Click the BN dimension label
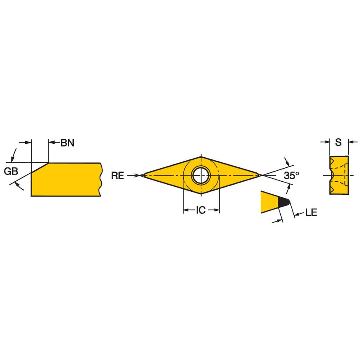pyautogui.click(x=67, y=143)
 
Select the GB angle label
pyautogui.click(x=11, y=171)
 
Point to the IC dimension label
pyautogui.click(x=201, y=210)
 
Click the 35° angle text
pyautogui.click(x=291, y=176)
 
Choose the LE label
pyautogui.click(x=311, y=213)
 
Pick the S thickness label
pyautogui.click(x=338, y=142)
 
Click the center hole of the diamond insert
pyautogui.click(x=201, y=175)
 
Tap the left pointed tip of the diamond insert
pyautogui.click(x=142, y=175)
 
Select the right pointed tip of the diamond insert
pyautogui.click(x=260, y=174)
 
